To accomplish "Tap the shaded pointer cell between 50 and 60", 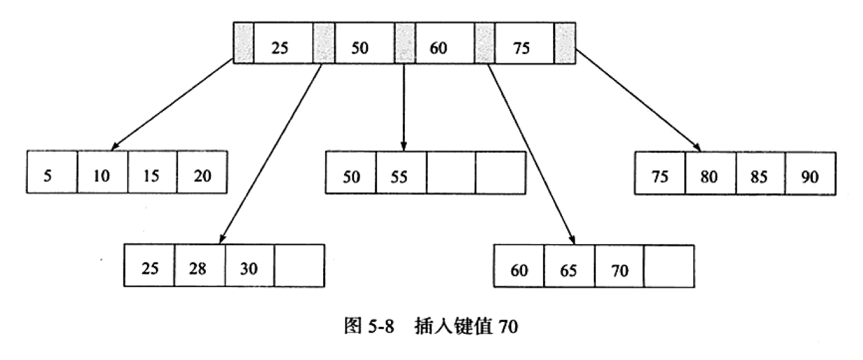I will click(404, 44).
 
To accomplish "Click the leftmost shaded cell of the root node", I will click(243, 44).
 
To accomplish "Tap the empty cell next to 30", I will click(299, 266).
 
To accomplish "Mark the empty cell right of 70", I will click(668, 267).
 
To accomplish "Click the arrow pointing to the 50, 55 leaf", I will click(404, 108).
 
